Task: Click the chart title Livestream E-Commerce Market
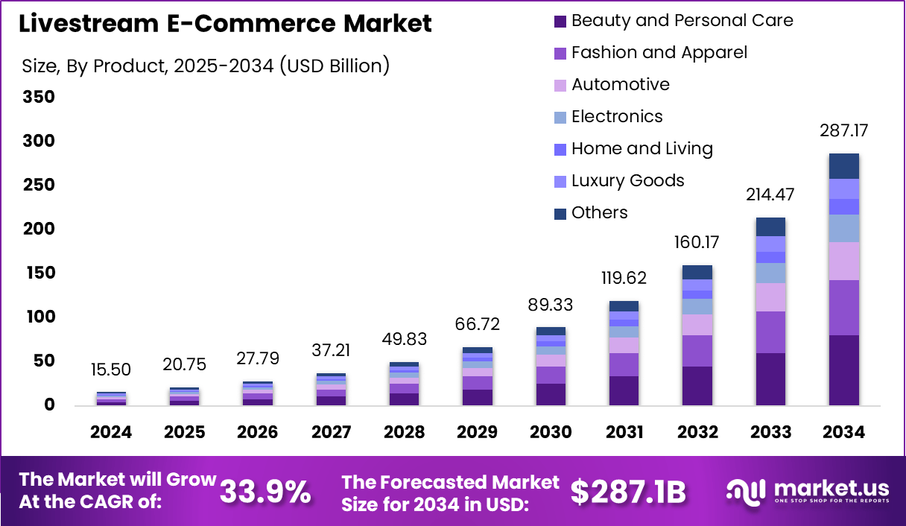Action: [225, 24]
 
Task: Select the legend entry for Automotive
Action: [620, 85]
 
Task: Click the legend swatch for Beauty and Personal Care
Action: [560, 22]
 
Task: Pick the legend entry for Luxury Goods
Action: [627, 181]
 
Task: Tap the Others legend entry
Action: [599, 213]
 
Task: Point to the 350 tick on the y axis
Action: [39, 98]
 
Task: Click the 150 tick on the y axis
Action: [39, 273]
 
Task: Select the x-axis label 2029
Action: [477, 433]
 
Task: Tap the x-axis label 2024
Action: [111, 433]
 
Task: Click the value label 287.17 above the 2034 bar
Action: [843, 131]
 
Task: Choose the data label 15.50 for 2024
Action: [111, 370]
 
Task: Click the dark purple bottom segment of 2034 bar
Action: [844, 370]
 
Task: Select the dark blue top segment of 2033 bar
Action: [770, 226]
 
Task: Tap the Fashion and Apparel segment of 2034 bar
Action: [844, 308]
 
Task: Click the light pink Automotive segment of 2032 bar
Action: [697, 325]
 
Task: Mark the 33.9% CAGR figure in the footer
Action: [266, 492]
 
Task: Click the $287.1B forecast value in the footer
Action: [627, 492]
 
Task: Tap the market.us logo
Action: [808, 491]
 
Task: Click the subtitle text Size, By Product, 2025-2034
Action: [206, 66]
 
